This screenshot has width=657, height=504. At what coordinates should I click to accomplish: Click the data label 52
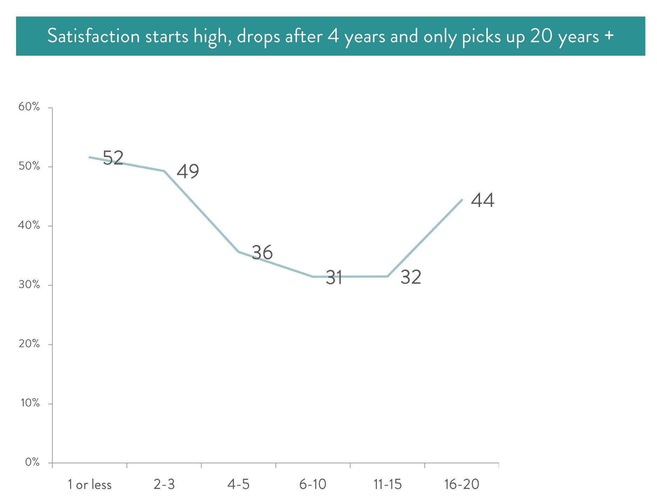coord(113,158)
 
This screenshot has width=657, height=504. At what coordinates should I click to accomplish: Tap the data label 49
coord(188,171)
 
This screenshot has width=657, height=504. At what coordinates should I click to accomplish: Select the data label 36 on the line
coord(262,252)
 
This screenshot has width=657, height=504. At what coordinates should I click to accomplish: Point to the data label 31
coord(334,278)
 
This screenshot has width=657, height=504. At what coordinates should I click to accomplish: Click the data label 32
coord(411,277)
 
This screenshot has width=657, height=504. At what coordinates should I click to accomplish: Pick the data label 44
coord(483,200)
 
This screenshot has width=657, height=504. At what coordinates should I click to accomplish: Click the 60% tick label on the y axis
coord(29,107)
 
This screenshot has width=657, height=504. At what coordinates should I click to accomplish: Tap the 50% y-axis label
coord(29,166)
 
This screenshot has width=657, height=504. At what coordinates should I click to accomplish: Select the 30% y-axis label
coord(29,284)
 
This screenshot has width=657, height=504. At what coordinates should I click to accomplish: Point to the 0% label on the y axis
coord(32,462)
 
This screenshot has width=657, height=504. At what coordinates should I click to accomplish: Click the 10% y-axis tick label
coord(30,403)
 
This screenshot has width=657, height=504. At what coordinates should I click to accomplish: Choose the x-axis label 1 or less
coord(90,485)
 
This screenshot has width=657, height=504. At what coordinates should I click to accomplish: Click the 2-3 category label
coord(164,484)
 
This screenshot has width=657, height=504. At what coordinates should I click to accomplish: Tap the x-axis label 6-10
coord(313,484)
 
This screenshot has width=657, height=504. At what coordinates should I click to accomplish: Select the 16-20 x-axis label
coord(461,484)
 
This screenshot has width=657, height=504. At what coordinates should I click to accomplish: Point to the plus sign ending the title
coord(609,35)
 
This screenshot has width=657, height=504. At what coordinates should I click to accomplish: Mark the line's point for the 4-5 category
coord(239,252)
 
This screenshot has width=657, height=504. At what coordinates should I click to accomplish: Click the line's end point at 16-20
coord(462,200)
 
